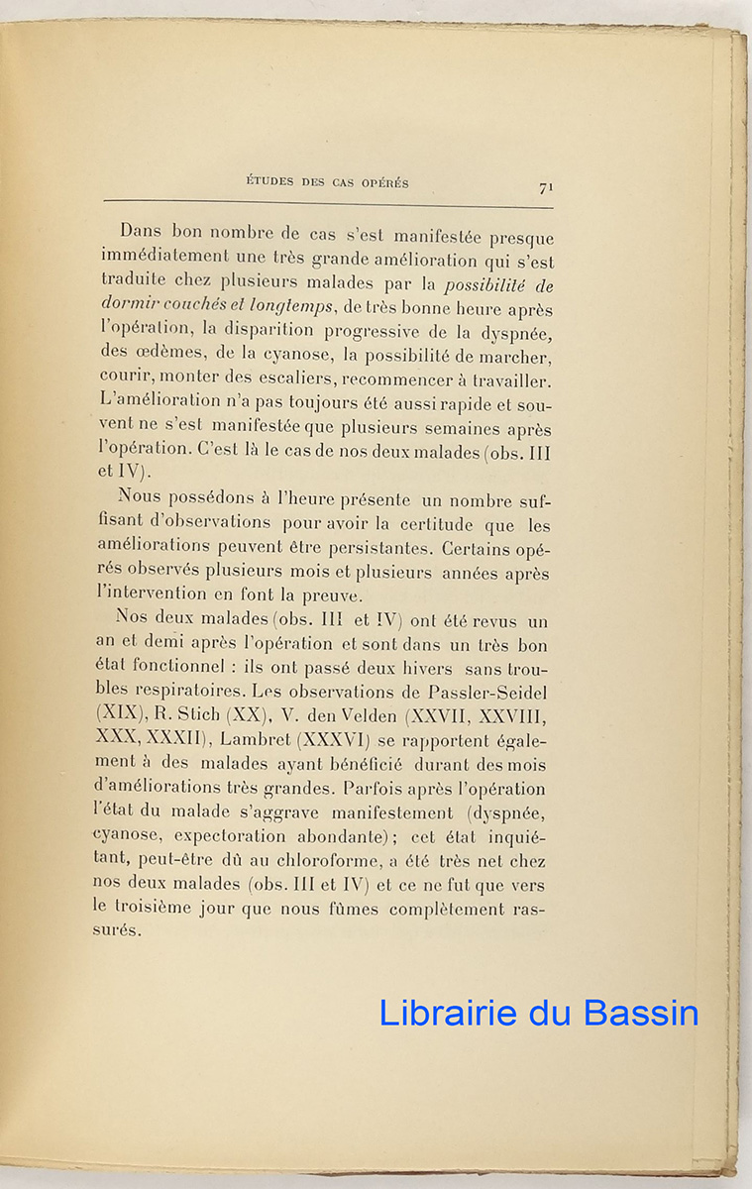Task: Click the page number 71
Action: tap(546, 187)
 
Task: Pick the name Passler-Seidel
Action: tap(486, 692)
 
